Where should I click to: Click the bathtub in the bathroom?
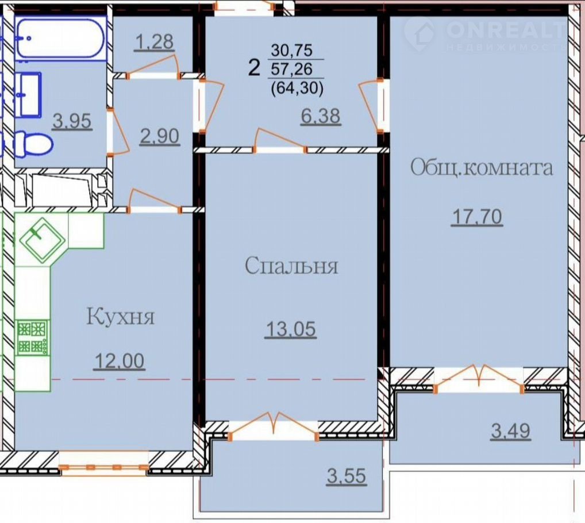60,38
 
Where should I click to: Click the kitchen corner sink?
42,239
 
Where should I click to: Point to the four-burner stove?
33,338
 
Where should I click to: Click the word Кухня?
120,318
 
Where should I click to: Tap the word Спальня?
291,266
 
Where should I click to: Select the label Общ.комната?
482,168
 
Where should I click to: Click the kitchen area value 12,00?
120,361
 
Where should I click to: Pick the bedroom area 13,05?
291,330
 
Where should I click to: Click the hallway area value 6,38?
321,116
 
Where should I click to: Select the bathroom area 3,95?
72,121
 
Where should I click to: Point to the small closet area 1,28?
155,42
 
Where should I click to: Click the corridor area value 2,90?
160,137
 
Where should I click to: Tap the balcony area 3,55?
347,476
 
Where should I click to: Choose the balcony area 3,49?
511,431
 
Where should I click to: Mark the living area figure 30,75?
292,50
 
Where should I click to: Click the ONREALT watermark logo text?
506,29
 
